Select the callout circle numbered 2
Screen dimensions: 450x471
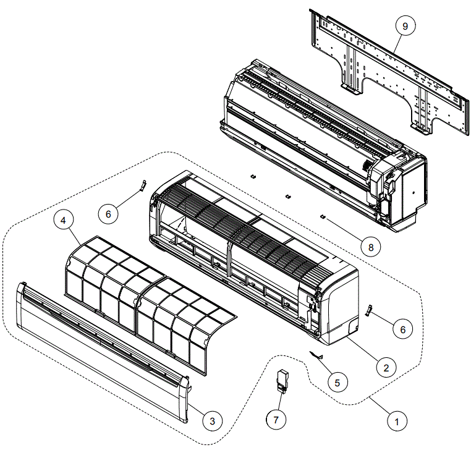click(386, 367)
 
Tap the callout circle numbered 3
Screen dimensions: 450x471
click(212, 421)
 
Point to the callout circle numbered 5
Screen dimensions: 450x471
click(337, 383)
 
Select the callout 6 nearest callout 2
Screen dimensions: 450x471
click(402, 329)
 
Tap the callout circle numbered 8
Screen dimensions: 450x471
click(370, 247)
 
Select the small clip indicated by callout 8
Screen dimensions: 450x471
click(323, 216)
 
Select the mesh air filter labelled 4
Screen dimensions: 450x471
click(148, 297)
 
